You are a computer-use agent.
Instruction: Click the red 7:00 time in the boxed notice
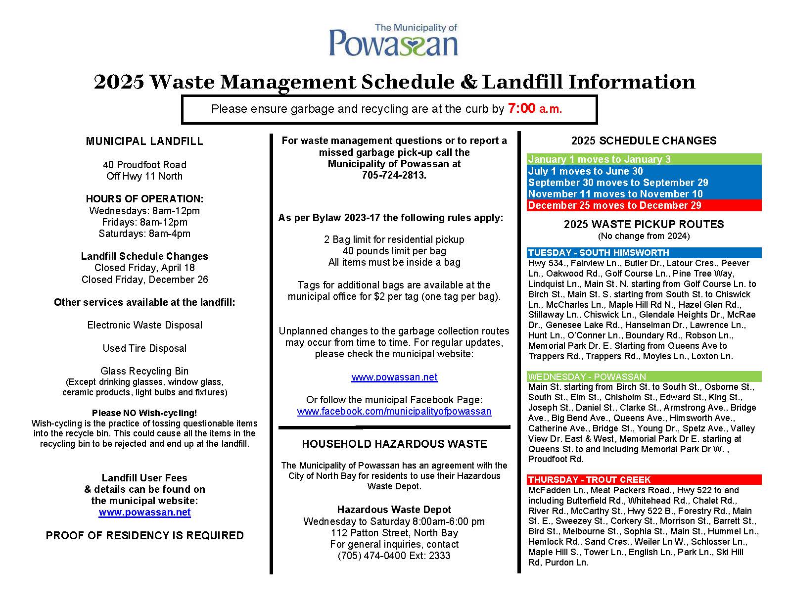(x=521, y=109)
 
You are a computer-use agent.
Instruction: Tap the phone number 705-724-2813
(x=394, y=176)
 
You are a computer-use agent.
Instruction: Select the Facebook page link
(x=394, y=412)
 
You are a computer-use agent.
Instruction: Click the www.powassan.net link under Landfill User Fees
(x=144, y=513)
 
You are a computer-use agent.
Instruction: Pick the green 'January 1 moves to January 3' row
(x=643, y=159)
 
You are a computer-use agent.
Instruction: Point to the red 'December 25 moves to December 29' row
(x=643, y=205)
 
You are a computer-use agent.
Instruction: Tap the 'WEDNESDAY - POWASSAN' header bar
(x=643, y=376)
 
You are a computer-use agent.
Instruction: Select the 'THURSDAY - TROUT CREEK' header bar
(x=643, y=480)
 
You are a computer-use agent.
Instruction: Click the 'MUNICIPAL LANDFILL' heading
(x=144, y=141)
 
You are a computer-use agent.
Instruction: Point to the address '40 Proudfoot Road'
(x=144, y=165)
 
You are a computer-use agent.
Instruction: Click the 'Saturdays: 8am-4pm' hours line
(x=144, y=234)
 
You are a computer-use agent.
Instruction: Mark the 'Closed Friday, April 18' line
(x=144, y=268)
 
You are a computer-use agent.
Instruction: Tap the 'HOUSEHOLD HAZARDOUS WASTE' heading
(x=394, y=444)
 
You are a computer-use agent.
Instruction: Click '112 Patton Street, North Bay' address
(x=394, y=533)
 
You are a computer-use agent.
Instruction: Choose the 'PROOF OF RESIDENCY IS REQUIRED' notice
(x=144, y=536)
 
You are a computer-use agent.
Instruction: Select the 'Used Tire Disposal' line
(x=144, y=348)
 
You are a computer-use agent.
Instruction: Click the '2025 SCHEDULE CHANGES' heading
(x=644, y=141)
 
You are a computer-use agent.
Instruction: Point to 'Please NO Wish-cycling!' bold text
(x=144, y=413)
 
